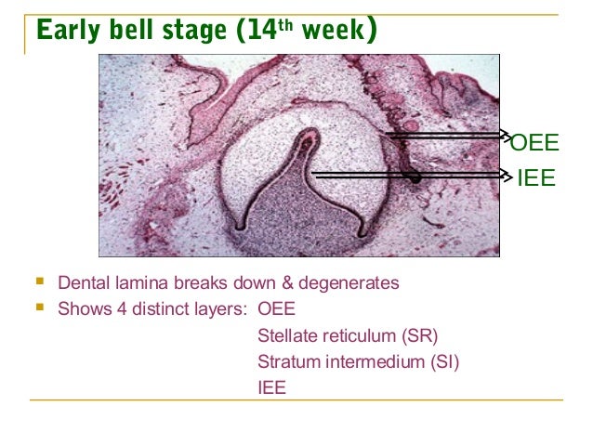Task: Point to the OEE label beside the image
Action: (x=534, y=143)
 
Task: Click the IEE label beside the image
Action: (x=536, y=177)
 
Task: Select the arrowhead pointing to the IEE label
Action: (x=507, y=175)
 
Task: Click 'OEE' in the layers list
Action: (x=276, y=309)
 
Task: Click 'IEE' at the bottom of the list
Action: (x=271, y=387)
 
